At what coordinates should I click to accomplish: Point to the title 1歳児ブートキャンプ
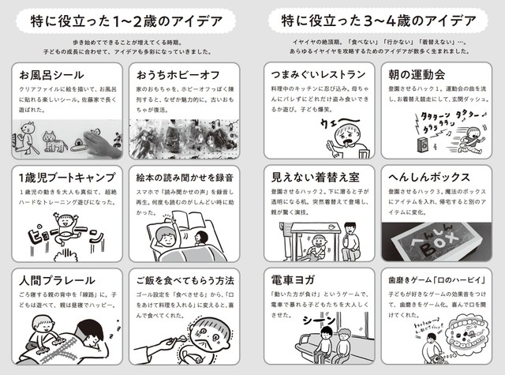58,177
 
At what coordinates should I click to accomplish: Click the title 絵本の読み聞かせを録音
185,177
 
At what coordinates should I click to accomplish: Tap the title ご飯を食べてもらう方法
185,281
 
